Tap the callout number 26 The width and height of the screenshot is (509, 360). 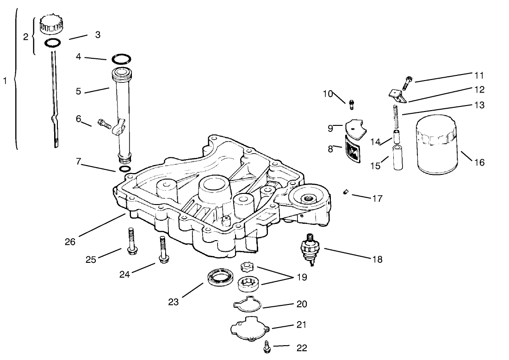click(x=70, y=242)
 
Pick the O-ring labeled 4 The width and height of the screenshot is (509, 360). click(x=121, y=59)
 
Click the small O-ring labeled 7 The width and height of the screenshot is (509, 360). click(x=124, y=169)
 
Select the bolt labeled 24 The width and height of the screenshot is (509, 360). click(x=163, y=250)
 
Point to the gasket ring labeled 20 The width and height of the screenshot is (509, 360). click(x=248, y=304)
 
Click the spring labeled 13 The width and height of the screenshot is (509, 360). click(x=396, y=118)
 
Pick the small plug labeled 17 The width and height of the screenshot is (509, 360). click(x=345, y=192)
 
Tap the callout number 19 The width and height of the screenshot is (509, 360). click(x=302, y=277)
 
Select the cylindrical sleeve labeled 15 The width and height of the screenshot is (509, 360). click(x=397, y=158)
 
